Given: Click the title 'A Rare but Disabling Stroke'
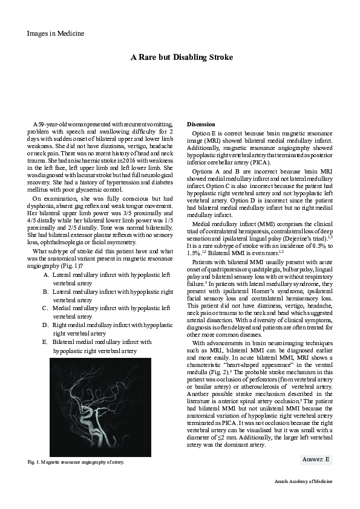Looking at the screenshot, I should (182, 57).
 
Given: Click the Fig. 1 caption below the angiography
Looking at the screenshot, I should (76, 462).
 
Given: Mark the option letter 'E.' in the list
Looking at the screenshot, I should (46, 342).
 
